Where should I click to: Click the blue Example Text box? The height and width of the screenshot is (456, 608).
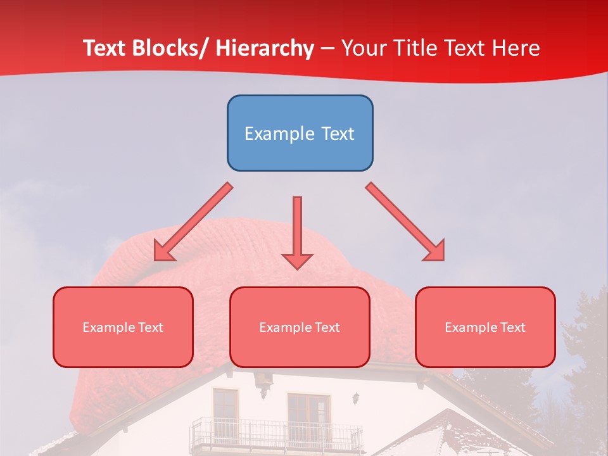[x=300, y=133]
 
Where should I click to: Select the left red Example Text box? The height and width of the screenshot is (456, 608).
[x=123, y=327]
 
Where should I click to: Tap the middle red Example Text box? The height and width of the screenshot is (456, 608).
[x=300, y=327]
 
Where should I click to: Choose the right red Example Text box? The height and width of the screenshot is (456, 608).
[x=485, y=327]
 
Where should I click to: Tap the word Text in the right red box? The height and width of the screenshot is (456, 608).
[x=512, y=327]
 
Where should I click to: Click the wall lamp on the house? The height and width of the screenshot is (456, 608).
[x=357, y=398]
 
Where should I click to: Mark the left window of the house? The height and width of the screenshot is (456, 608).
[x=225, y=408]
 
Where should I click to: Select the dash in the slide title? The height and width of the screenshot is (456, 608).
[x=327, y=49]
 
